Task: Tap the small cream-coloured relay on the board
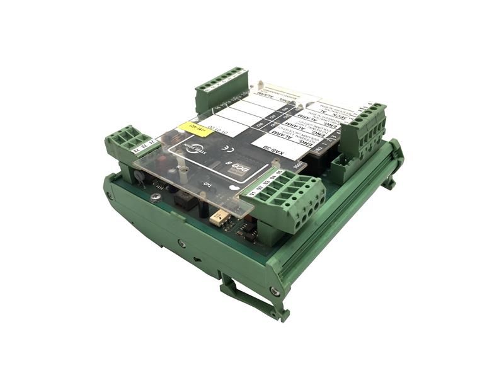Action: tap(219, 218)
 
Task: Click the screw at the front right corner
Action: tap(273, 290)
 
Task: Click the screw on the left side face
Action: tap(182, 243)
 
